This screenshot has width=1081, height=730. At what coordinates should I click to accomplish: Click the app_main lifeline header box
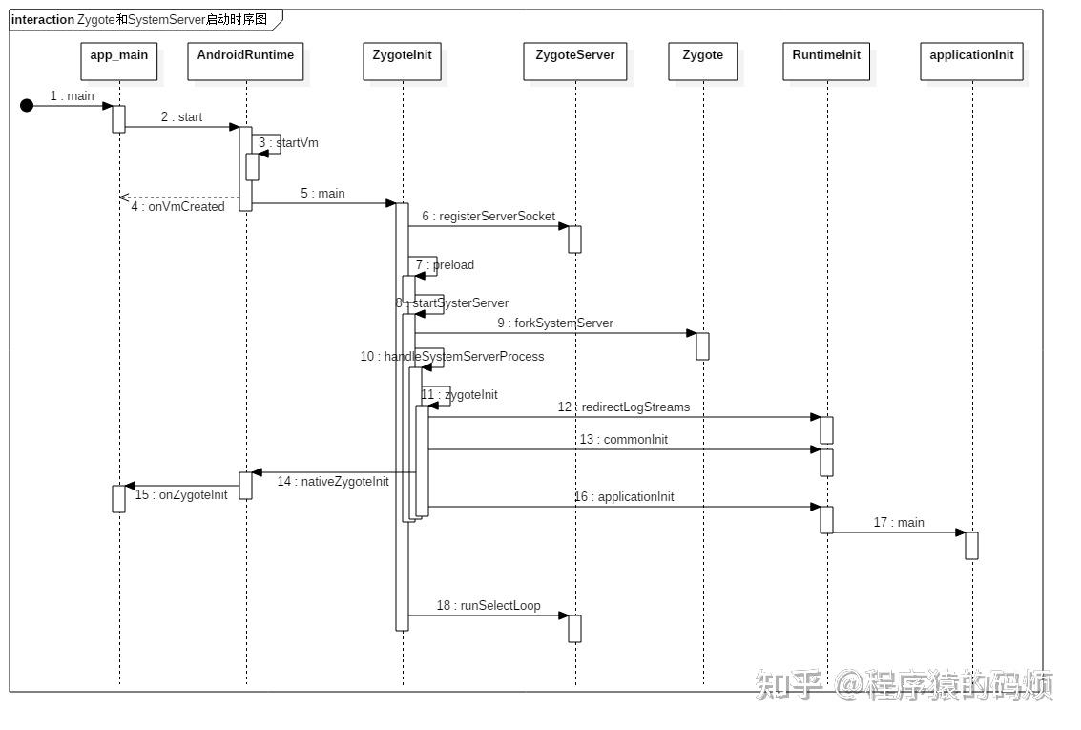[119, 61]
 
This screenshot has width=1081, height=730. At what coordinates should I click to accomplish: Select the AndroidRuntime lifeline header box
[245, 61]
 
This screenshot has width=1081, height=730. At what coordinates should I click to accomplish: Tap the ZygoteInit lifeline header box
[402, 61]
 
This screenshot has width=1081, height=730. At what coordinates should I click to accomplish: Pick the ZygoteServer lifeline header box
[574, 61]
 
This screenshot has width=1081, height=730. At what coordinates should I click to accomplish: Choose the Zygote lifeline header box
[702, 61]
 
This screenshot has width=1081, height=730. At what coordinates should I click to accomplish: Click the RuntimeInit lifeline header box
[826, 61]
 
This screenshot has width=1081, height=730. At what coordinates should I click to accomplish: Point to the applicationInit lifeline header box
[971, 61]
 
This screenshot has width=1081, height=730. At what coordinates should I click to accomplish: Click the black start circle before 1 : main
[27, 105]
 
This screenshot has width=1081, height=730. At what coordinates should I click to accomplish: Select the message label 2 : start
[181, 117]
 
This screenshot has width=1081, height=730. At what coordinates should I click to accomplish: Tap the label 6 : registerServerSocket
[489, 217]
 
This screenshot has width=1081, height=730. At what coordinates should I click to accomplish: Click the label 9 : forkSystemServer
[554, 323]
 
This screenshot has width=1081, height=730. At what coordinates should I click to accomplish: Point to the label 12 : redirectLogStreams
[623, 407]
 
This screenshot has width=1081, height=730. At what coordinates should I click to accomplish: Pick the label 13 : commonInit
[623, 440]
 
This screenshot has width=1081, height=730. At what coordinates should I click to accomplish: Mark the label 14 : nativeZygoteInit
[333, 482]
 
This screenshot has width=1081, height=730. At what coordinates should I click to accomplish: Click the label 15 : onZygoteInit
[181, 495]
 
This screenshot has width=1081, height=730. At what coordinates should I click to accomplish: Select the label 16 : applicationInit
[623, 497]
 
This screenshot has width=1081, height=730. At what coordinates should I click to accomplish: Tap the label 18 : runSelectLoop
[489, 606]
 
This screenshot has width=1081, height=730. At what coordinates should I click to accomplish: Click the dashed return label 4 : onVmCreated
[177, 207]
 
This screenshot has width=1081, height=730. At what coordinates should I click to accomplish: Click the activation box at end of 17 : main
[971, 545]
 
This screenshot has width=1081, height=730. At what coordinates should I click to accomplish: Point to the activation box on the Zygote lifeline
[702, 345]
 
